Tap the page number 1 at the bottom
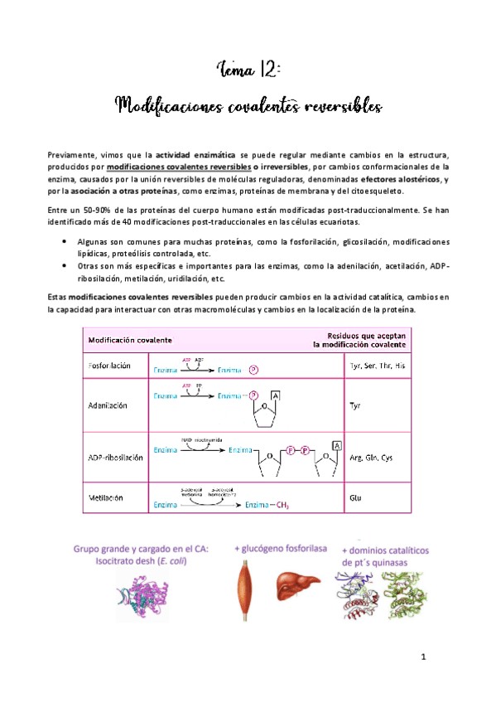(421, 658)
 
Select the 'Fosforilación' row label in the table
(111, 366)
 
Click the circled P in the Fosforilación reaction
(253, 371)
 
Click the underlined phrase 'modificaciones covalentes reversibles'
(180, 166)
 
